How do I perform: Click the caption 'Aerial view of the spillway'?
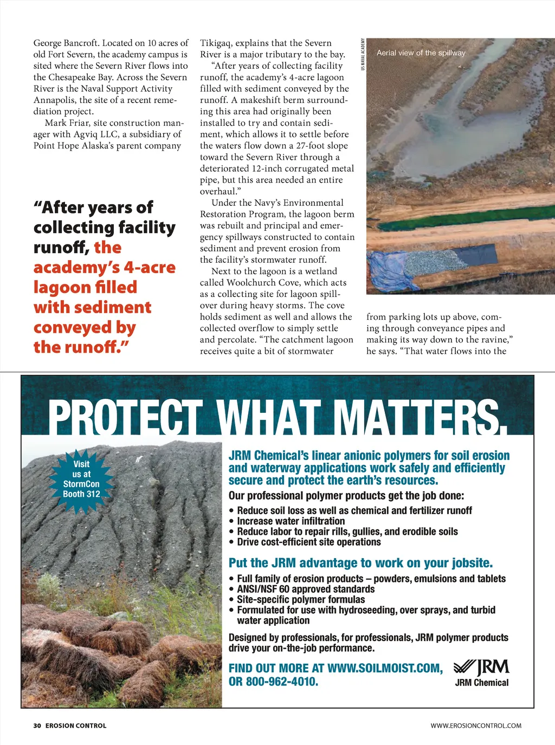coord(421,53)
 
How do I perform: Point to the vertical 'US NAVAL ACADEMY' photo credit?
coord(363,54)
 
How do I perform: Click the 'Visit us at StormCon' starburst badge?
coord(81,479)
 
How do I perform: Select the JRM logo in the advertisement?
coord(481,666)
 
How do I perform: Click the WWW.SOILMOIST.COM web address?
coord(385,668)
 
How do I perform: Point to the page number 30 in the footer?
coord(37,725)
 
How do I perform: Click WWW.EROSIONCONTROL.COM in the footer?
coord(476,725)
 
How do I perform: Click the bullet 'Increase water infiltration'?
coord(291,521)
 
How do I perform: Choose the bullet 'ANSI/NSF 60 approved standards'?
coord(306,589)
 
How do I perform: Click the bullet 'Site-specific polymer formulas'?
coord(301,599)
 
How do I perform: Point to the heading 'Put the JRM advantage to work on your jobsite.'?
coord(360,563)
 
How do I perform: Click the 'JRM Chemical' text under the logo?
coord(482,683)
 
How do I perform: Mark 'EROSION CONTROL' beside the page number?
coord(76,725)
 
